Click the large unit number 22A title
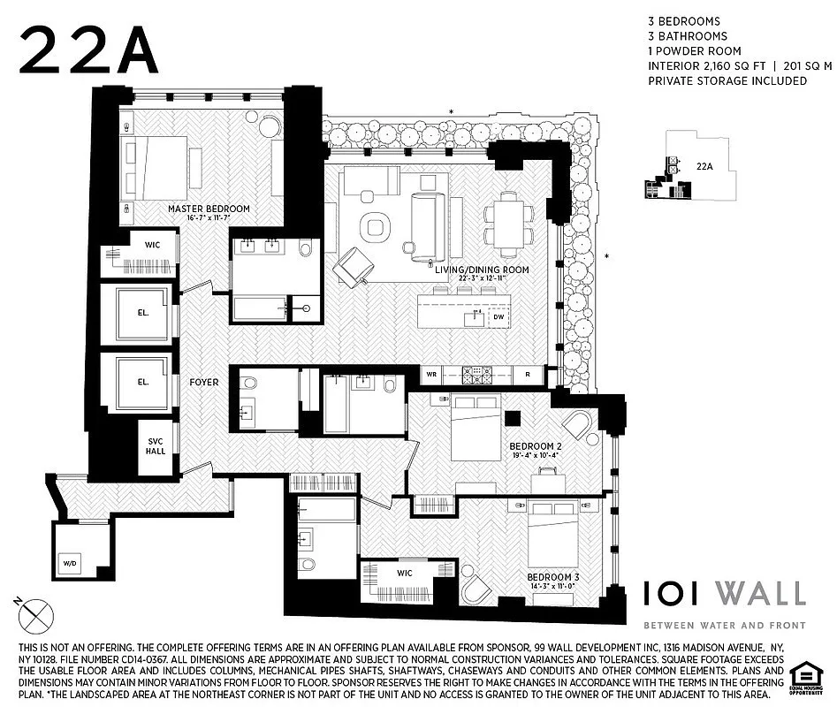click(x=88, y=49)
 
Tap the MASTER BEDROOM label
click(x=209, y=209)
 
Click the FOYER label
click(x=203, y=383)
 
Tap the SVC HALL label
click(x=156, y=445)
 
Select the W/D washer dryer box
click(x=68, y=562)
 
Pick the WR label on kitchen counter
click(x=431, y=374)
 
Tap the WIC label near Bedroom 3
click(x=404, y=573)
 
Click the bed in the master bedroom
click(x=157, y=170)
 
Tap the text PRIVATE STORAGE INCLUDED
click(x=727, y=80)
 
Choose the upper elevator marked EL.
click(x=143, y=313)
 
